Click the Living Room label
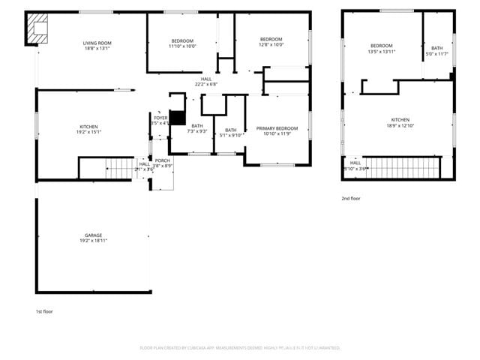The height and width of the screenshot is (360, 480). (x=97, y=46)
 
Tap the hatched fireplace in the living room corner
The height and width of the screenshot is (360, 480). (x=36, y=29)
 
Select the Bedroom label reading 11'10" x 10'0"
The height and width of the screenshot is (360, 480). (x=182, y=43)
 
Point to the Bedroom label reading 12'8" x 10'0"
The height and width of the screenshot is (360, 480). (x=271, y=42)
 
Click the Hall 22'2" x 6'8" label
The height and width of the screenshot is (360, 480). (x=206, y=82)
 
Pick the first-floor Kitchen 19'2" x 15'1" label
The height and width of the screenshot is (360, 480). (x=88, y=130)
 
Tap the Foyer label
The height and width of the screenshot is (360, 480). (x=160, y=120)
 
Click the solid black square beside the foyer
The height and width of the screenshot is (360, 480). (x=177, y=118)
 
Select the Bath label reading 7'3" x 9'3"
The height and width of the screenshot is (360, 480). (x=196, y=128)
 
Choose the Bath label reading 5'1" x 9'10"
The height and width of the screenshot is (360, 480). (x=231, y=133)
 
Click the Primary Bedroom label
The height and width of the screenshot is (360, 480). (x=277, y=131)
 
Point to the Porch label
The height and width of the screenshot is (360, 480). (x=163, y=163)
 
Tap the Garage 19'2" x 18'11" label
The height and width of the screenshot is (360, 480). (x=93, y=238)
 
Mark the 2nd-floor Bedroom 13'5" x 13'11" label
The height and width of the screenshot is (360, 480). (x=381, y=49)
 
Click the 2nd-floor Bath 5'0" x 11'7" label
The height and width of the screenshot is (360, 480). (x=436, y=51)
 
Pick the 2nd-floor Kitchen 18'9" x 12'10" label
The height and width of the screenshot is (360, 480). (x=400, y=123)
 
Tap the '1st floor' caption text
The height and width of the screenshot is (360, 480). (x=44, y=311)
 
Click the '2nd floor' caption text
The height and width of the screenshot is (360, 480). (x=351, y=199)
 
